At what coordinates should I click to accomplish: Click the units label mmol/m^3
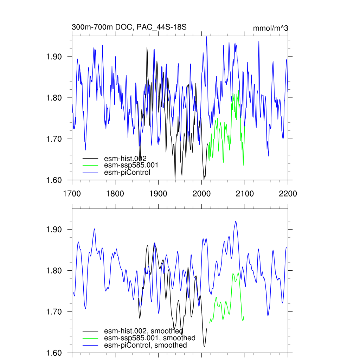pos(270,28)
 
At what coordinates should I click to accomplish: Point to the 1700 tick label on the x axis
pos(72,193)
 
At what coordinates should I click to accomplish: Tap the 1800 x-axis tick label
pos(115,193)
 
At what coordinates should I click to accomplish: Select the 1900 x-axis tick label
pos(158,193)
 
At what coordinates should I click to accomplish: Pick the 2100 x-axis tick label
pos(245,193)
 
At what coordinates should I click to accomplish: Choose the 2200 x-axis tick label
pos(288,193)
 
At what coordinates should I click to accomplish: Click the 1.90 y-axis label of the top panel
pos(54,57)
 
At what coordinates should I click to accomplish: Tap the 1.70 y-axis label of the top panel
pos(54,139)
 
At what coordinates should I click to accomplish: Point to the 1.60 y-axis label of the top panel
pos(54,180)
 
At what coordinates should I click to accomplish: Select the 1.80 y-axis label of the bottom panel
pos(54,271)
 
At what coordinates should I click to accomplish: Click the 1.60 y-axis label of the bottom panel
pos(54,353)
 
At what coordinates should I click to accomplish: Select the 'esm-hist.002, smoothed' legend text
pos(143,331)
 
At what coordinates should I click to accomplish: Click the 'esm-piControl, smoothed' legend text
pos(146,345)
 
